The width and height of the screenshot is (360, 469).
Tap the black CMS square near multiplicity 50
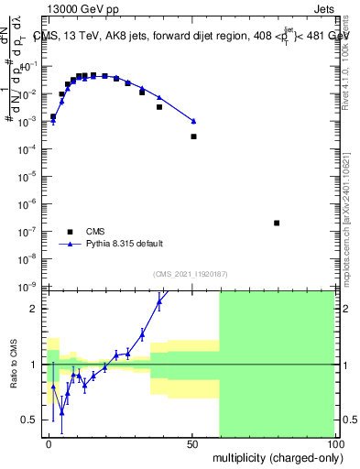193,136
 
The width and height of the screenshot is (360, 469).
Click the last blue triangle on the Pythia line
193,121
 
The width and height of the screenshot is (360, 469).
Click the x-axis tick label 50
191,442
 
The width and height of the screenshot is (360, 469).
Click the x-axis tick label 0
49,442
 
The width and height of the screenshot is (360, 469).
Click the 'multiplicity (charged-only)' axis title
274,456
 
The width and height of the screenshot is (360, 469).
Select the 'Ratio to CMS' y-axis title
12,365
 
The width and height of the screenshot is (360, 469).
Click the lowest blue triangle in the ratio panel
61,412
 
